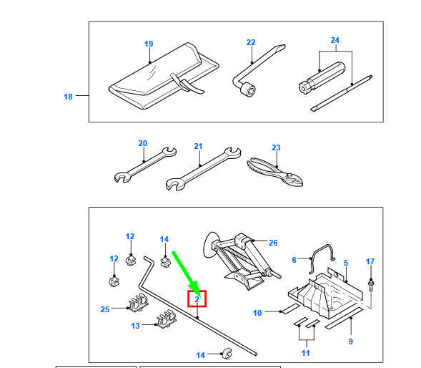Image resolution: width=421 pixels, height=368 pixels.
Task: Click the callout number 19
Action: [149, 44]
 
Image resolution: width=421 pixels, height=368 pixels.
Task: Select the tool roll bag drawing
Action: [164, 76]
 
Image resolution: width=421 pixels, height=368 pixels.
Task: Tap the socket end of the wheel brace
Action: [247, 89]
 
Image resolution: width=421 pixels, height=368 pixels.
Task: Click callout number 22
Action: [251, 42]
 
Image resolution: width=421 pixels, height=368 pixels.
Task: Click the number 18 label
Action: [68, 97]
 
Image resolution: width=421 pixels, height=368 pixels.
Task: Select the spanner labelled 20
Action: [145, 165]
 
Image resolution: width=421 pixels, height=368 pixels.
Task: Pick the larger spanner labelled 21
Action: [203, 169]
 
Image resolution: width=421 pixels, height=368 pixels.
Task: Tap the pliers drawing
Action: [275, 172]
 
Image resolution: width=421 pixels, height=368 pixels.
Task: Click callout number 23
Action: [276, 147]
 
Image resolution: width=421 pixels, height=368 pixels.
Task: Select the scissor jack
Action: [242, 261]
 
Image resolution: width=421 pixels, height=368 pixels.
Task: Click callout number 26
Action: [273, 243]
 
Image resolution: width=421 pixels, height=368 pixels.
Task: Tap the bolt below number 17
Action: [371, 285]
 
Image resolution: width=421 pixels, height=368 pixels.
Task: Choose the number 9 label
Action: [351, 342]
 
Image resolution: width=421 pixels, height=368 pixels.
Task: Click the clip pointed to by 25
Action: [139, 303]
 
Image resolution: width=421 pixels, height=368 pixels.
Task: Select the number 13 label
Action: [135, 326]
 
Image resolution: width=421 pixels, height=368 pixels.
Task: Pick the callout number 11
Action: [306, 353]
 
